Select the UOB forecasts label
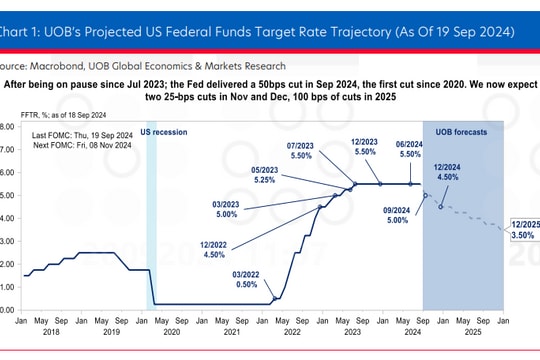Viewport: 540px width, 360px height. [x=463, y=132]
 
